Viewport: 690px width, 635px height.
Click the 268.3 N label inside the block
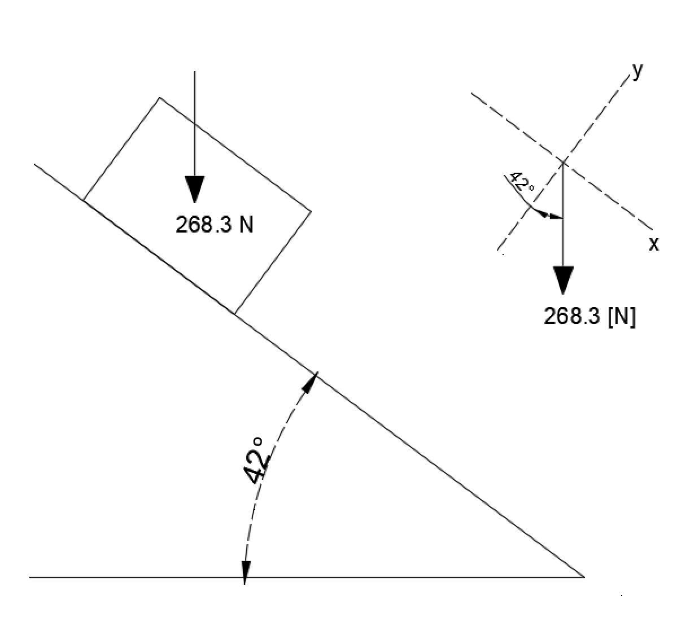click(x=215, y=225)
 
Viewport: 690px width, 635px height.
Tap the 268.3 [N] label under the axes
click(x=589, y=316)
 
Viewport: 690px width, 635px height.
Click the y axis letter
click(x=637, y=71)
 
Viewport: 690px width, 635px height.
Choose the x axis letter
click(x=654, y=244)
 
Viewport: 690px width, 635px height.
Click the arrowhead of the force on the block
click(x=195, y=189)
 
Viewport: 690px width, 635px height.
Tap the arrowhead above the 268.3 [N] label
click(x=563, y=279)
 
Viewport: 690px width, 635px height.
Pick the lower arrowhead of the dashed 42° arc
click(x=245, y=571)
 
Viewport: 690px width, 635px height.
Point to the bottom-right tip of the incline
click(x=584, y=577)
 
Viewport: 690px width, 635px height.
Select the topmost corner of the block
click(x=160, y=98)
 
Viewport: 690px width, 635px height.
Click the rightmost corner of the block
click(x=311, y=212)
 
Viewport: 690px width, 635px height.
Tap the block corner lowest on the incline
click(x=234, y=313)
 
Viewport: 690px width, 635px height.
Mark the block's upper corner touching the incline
click(x=83, y=200)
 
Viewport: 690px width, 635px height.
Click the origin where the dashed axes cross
click(x=563, y=163)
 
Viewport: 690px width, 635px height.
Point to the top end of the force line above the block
click(x=195, y=72)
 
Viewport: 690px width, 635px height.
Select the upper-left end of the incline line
click(x=34, y=164)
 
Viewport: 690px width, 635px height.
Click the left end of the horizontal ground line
click(x=30, y=577)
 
